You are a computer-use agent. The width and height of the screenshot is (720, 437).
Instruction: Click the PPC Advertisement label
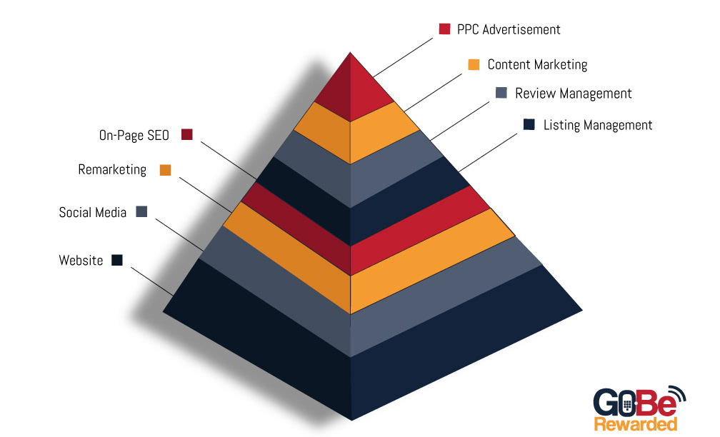[509, 30]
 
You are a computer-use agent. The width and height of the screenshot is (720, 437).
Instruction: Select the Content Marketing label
[537, 65]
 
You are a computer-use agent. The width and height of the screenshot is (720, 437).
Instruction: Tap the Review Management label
[573, 94]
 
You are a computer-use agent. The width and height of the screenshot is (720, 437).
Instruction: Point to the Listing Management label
[598, 126]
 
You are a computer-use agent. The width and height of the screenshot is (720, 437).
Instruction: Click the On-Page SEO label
[134, 134]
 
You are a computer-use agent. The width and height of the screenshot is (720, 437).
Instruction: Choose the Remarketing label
[112, 170]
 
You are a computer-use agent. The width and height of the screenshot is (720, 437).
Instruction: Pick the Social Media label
[93, 212]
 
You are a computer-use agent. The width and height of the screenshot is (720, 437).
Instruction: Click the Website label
[81, 261]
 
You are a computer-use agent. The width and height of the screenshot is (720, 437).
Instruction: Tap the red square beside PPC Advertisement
[444, 29]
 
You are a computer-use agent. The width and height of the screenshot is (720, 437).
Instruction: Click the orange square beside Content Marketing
[474, 64]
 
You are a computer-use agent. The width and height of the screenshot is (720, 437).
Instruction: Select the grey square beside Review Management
[501, 93]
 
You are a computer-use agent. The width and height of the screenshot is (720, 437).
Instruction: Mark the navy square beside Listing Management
[529, 125]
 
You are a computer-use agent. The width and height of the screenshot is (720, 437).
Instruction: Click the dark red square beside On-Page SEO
[187, 134]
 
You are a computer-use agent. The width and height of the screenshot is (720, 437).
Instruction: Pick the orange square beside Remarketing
[166, 170]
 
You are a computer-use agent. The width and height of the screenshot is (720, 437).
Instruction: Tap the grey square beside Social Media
[141, 211]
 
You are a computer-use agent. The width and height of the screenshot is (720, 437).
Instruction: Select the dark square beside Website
[117, 260]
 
